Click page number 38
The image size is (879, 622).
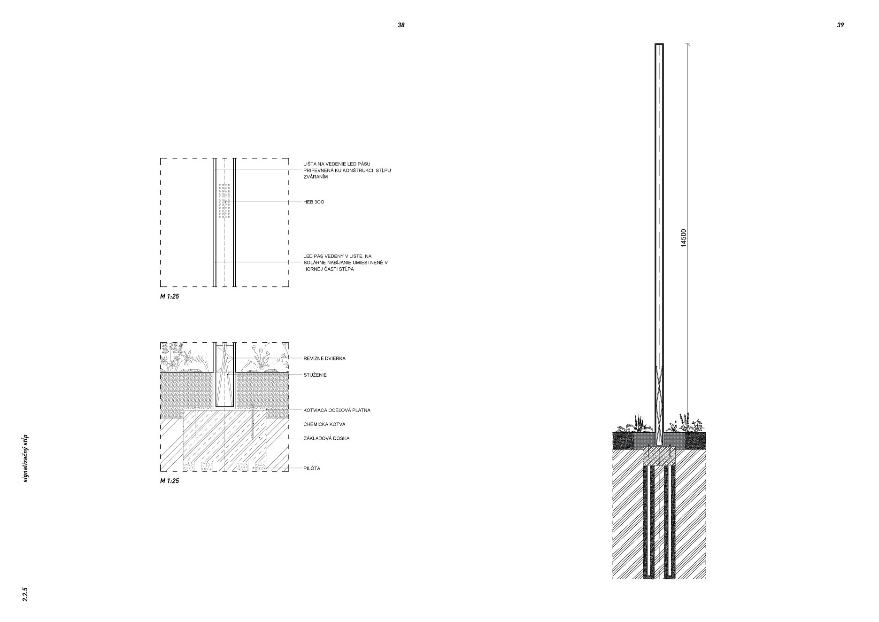[401, 25]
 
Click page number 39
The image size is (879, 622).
[840, 25]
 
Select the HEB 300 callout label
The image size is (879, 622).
[314, 202]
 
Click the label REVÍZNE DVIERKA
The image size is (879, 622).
[324, 358]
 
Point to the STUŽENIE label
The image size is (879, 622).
[315, 375]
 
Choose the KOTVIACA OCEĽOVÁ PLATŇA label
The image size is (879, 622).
[337, 410]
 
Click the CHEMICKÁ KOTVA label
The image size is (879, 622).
[324, 424]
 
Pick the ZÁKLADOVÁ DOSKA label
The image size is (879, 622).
[326, 438]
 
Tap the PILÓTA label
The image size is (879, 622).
[312, 468]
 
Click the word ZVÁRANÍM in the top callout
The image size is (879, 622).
[316, 177]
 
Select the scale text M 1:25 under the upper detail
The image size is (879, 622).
[170, 296]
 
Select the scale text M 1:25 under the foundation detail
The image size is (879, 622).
[170, 481]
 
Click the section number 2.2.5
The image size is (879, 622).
[25, 594]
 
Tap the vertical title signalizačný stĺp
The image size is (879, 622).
[25, 458]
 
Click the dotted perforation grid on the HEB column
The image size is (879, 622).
[225, 201]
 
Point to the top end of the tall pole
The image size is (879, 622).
[659, 44]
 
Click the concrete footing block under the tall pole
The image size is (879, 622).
[659, 456]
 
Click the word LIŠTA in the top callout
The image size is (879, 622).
[310, 164]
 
